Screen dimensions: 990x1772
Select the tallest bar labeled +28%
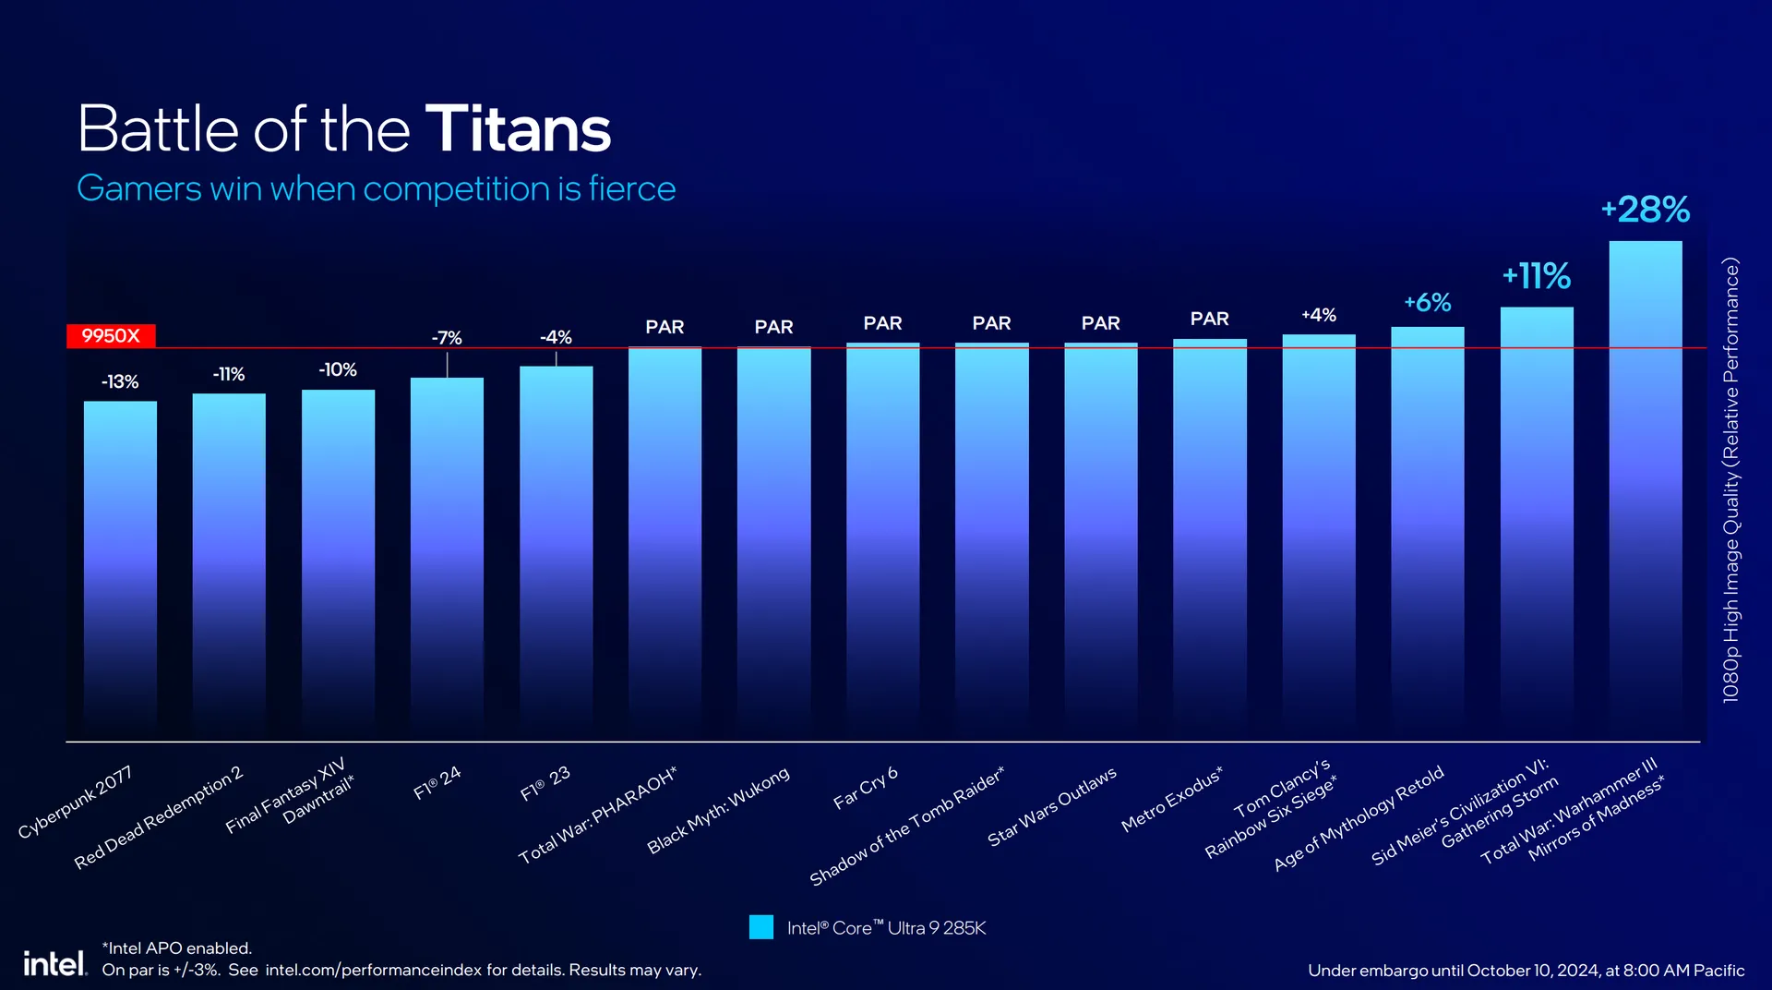1645,489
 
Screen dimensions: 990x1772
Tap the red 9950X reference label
111,336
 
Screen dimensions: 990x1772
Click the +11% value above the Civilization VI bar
1536,276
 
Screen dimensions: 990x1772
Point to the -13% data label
120,382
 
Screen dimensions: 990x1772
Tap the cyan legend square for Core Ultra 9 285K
761,927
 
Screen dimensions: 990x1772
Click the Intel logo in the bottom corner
54,964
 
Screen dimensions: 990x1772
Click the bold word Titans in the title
518,129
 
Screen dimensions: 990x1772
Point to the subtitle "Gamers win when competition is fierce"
376,189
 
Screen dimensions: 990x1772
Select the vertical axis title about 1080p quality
1730,480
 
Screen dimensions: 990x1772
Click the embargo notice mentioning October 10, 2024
1526,971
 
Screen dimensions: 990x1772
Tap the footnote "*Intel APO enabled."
176,948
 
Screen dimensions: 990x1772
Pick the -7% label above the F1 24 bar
447,339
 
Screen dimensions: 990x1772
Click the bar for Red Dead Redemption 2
229,563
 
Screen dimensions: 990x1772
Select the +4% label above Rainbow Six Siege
1319,316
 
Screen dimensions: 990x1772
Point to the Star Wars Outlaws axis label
1052,806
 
